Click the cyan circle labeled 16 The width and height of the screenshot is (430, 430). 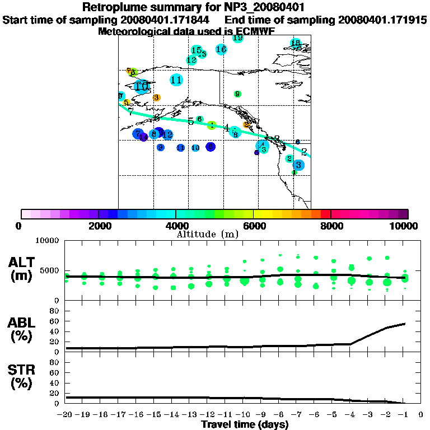(x=221, y=50)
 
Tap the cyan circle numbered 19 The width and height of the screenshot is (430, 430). (x=238, y=38)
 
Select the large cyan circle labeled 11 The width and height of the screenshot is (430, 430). (x=176, y=80)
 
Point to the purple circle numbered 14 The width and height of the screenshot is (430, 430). (x=144, y=137)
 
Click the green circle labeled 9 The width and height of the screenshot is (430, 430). (x=237, y=94)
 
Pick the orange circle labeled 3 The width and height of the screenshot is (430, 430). (x=157, y=97)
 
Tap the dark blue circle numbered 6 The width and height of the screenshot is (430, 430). (x=211, y=147)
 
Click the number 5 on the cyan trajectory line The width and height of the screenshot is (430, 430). (x=191, y=121)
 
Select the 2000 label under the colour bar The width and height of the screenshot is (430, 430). (x=99, y=226)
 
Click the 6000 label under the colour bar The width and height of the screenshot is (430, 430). (x=254, y=226)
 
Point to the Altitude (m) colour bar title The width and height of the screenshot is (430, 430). (x=207, y=233)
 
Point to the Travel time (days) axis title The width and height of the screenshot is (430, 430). (x=245, y=424)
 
